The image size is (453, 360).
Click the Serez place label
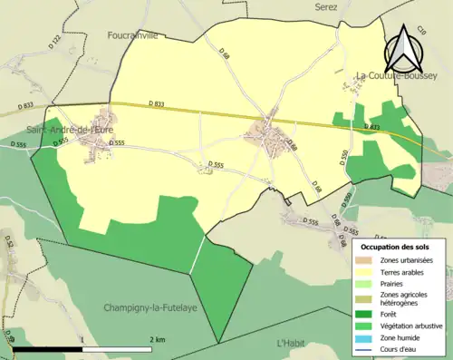326,5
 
